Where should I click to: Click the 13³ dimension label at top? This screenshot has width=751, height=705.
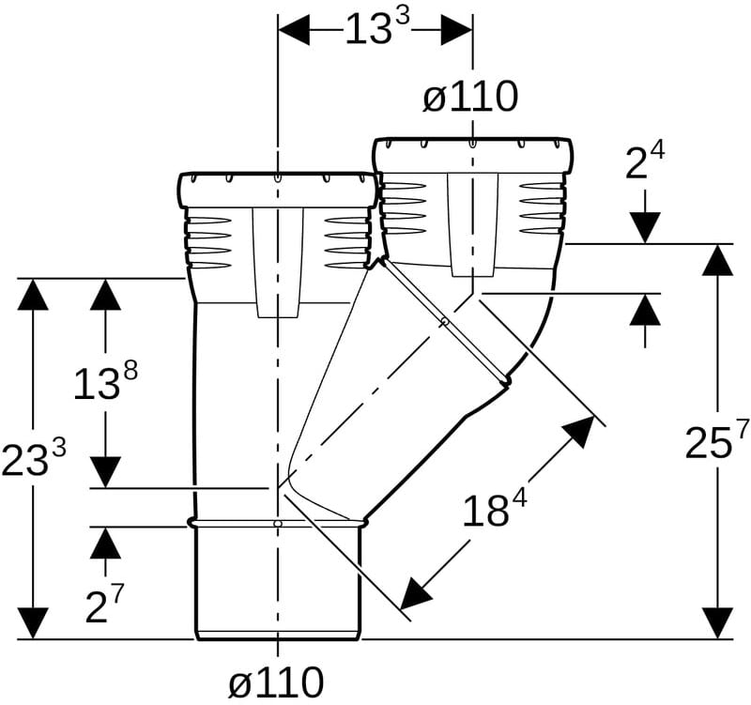377,27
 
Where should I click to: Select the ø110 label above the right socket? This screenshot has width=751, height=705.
470,97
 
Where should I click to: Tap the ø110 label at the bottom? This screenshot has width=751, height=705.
276,682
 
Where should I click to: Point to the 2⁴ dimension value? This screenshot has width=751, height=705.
645,161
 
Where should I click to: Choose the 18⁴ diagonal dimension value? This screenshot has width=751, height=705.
495,508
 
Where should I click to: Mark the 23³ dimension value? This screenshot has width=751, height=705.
33,457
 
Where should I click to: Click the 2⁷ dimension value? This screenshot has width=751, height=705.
104,604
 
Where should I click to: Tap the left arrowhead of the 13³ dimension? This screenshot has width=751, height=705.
294,30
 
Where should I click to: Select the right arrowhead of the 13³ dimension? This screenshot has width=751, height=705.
457,30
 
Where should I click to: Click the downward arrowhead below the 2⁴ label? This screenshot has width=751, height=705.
645,227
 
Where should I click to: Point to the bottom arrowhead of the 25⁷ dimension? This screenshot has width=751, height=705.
717,622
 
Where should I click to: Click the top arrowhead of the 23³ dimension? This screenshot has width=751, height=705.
33,294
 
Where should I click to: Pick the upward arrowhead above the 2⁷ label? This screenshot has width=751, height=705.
105,543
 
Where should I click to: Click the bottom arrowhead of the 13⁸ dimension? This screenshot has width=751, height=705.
105,472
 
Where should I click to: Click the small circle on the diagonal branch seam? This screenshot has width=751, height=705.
445,321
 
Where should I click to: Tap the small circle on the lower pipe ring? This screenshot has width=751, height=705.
277,524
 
